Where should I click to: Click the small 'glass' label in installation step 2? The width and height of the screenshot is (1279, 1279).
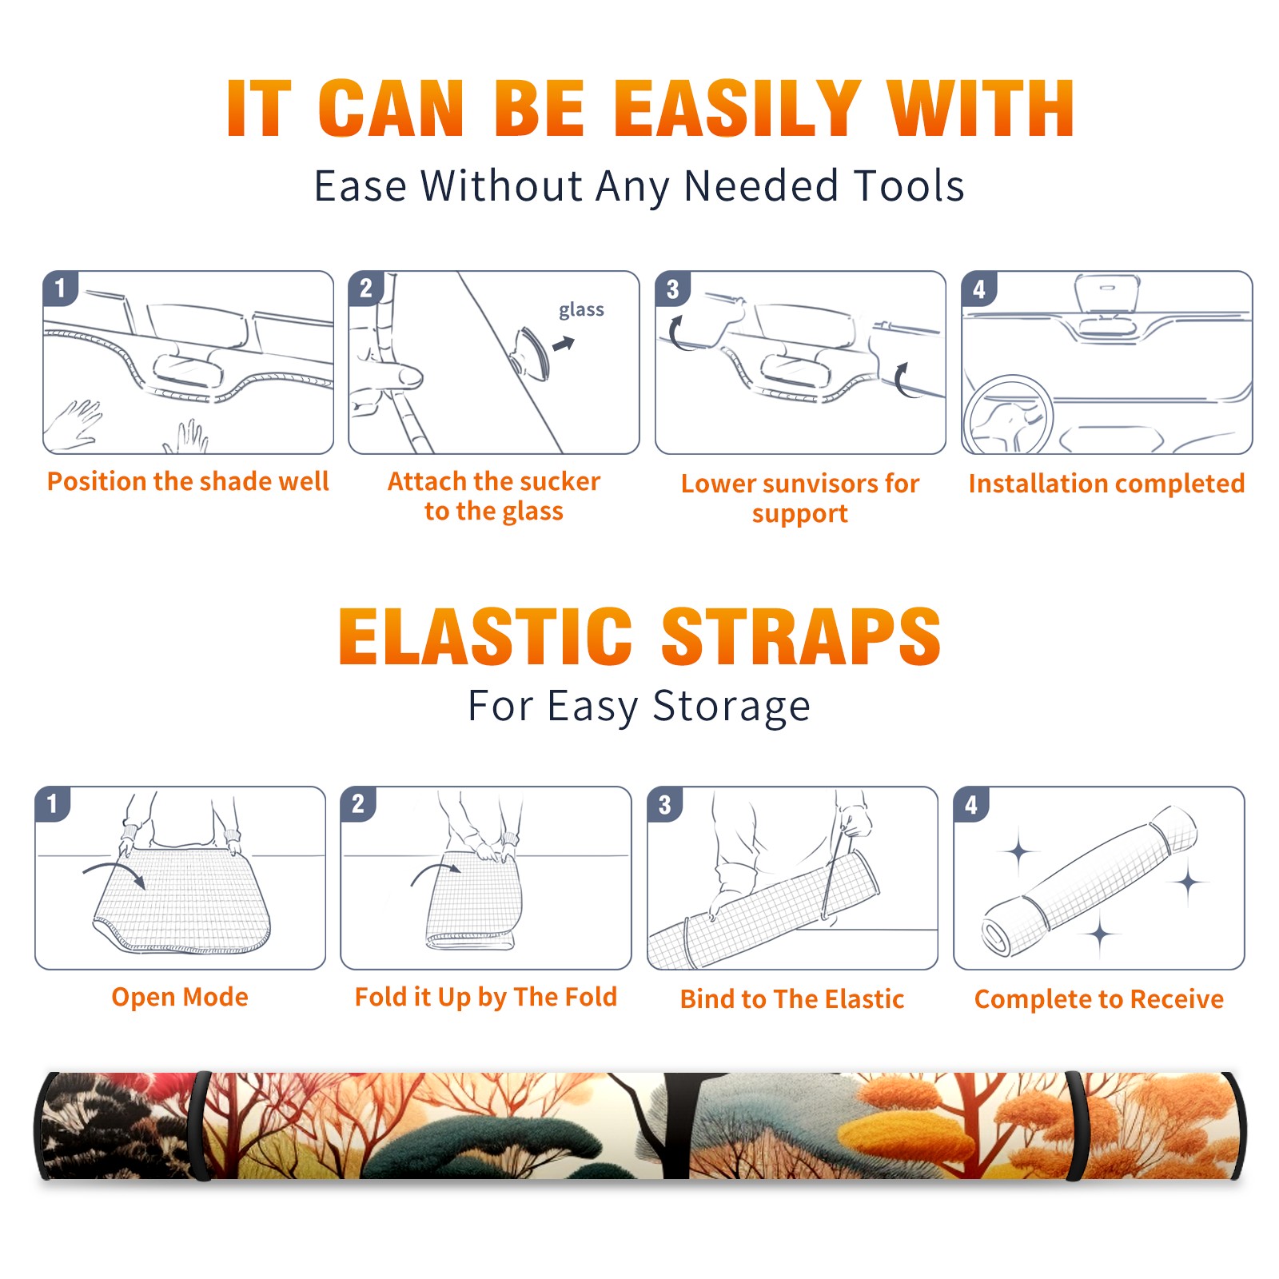581,310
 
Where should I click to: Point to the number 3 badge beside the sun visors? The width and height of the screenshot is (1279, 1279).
672,289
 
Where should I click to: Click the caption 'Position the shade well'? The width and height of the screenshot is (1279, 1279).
188,481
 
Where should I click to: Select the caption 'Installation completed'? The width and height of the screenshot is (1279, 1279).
1106,483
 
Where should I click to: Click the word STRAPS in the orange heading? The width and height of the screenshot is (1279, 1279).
801,636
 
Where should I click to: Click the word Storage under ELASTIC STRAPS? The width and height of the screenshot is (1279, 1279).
731,707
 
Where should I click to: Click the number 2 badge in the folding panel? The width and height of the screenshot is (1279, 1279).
357,803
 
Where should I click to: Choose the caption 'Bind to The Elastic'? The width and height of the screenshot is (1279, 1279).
791,998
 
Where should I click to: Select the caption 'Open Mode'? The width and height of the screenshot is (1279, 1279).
180,997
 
